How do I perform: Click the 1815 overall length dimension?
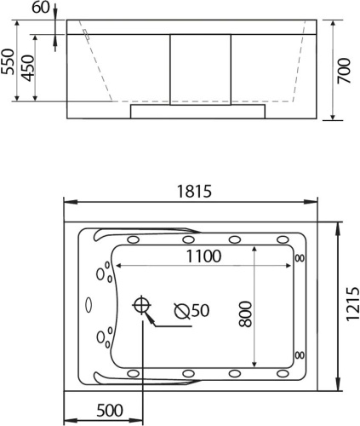(x=195, y=191)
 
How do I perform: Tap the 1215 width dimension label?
(x=352, y=304)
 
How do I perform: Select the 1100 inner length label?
(x=203, y=256)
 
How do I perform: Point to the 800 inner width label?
(x=245, y=314)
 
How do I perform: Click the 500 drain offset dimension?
(x=110, y=410)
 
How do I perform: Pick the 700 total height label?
(x=344, y=71)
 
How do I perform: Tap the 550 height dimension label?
(x=8, y=61)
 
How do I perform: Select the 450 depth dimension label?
(x=28, y=68)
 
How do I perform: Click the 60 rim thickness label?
(x=40, y=8)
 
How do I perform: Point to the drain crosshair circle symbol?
(x=141, y=305)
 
